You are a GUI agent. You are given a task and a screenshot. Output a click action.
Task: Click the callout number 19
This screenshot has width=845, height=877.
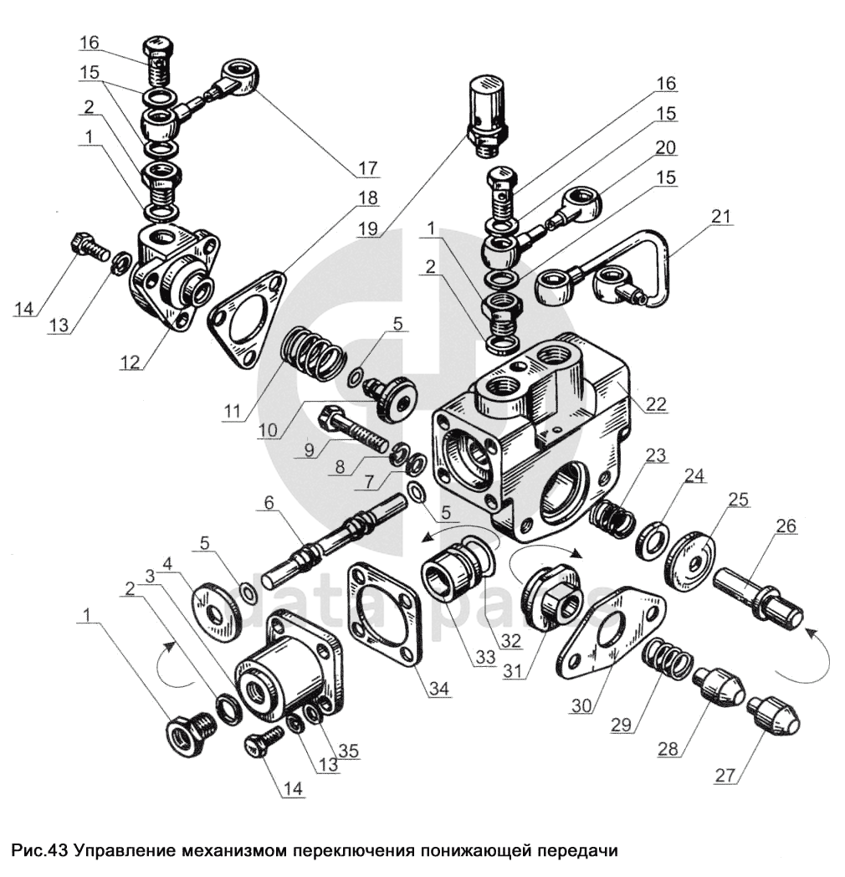368,228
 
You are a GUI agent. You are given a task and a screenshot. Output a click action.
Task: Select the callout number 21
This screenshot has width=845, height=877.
721,216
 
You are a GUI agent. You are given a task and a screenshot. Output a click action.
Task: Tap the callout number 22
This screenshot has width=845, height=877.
656,403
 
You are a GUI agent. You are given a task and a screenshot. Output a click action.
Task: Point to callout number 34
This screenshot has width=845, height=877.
438,689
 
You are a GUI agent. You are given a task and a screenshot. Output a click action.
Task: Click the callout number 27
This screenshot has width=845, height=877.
726,775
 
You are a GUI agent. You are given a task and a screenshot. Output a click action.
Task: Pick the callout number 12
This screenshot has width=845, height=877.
130,362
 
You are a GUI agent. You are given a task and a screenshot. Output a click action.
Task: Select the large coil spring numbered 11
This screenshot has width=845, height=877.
311,355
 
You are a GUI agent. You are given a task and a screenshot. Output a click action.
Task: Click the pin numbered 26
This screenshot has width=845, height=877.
758,601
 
